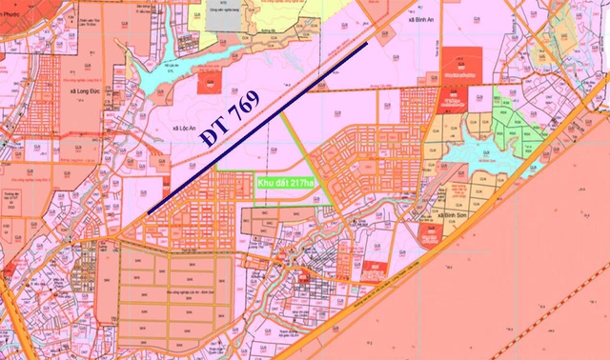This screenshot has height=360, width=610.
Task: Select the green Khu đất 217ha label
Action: (287, 181)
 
